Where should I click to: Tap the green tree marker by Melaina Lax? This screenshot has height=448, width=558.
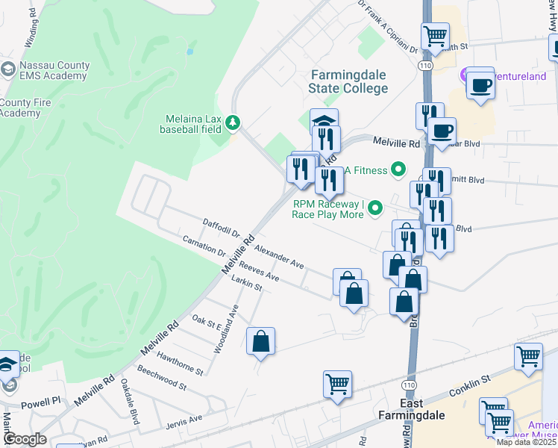coord(233,122)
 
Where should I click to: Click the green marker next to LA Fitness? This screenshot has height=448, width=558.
coord(399,170)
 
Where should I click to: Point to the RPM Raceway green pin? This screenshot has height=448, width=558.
coord(376,208)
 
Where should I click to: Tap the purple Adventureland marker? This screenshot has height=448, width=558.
coord(465,74)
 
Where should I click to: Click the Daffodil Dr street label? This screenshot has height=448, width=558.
coord(221,228)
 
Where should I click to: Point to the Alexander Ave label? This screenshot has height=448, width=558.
coord(279,255)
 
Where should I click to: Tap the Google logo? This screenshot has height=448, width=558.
coord(25,439)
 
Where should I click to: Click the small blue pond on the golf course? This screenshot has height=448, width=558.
coord(190,52)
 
